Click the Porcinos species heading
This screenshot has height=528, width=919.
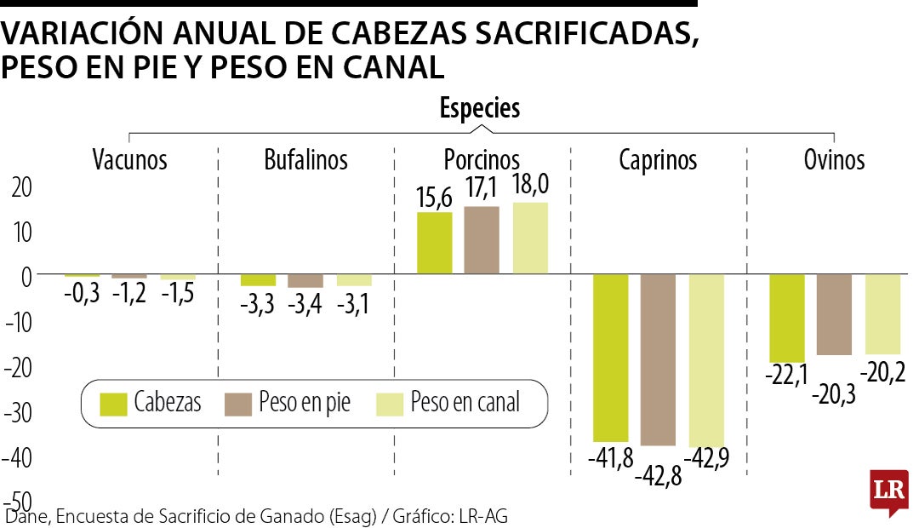click(481, 159)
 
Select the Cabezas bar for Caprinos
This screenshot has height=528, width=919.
click(610, 358)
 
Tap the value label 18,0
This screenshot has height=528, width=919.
click(530, 184)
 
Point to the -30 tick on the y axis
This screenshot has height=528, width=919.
click(18, 412)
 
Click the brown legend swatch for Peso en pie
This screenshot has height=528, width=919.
click(238, 405)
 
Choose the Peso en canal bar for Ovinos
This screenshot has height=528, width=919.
click(882, 314)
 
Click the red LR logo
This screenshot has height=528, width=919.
click(889, 491)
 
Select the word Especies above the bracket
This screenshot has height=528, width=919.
click(479, 108)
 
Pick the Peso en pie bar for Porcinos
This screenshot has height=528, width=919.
click(482, 240)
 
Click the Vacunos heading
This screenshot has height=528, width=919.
click(129, 159)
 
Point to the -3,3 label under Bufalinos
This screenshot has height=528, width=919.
click(257, 304)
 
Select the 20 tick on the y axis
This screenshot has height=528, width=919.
click(21, 187)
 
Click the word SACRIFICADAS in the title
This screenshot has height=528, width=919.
click(586, 33)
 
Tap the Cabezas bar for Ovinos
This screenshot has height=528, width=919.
click(786, 319)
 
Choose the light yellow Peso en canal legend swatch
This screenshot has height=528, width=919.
click(390, 405)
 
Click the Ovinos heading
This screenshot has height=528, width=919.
click(834, 159)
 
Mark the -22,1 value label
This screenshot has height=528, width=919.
click(786, 375)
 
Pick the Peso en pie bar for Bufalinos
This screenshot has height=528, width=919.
click(305, 281)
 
